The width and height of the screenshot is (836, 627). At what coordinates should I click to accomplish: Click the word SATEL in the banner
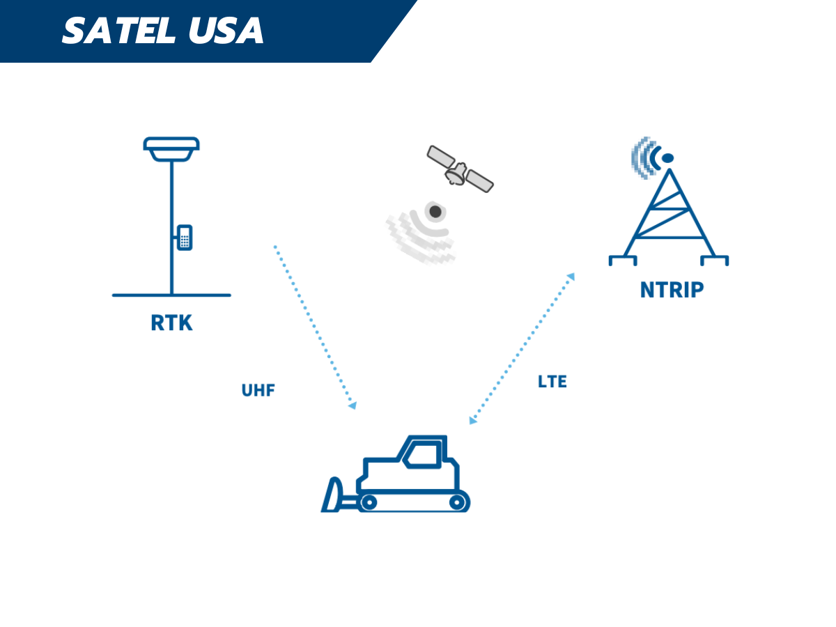pyautogui.click(x=119, y=31)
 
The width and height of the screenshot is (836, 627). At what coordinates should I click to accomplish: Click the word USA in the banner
pyautogui.click(x=226, y=31)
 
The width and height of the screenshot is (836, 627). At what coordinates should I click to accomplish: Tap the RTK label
pyautogui.click(x=171, y=323)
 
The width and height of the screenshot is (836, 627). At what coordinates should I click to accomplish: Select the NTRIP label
pyautogui.click(x=672, y=290)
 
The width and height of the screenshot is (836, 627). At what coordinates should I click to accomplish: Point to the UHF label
pyautogui.click(x=258, y=390)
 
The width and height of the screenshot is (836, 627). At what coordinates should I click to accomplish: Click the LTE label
pyautogui.click(x=552, y=382)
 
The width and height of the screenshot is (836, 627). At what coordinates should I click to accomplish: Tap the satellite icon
pyautogui.click(x=460, y=169)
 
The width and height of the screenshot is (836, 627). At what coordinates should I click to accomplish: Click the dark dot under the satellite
pyautogui.click(x=435, y=211)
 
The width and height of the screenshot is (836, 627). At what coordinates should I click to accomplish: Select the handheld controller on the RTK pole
pyautogui.click(x=185, y=238)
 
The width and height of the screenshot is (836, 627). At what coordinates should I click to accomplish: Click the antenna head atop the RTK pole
pyautogui.click(x=171, y=149)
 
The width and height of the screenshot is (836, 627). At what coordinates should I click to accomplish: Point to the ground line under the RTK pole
pyautogui.click(x=171, y=295)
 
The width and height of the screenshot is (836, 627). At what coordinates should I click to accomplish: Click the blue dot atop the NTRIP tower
pyautogui.click(x=667, y=158)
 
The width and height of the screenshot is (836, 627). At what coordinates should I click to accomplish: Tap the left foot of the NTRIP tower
pyautogui.click(x=622, y=261)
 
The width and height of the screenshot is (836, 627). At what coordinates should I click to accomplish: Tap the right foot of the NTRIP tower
pyautogui.click(x=715, y=261)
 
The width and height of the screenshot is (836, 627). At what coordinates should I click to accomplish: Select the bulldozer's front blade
pyautogui.click(x=332, y=494)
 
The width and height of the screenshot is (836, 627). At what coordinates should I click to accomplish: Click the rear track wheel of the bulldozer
pyautogui.click(x=457, y=502)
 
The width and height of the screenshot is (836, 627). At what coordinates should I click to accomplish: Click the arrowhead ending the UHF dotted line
pyautogui.click(x=353, y=405)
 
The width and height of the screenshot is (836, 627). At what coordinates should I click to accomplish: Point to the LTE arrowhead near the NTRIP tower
pyautogui.click(x=571, y=277)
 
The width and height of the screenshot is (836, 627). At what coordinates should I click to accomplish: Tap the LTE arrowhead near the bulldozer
pyautogui.click(x=472, y=420)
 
